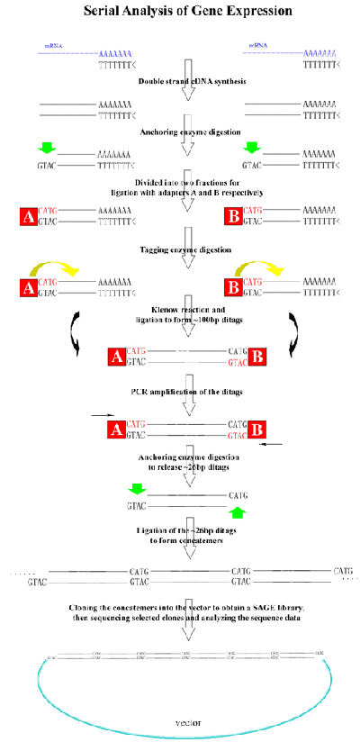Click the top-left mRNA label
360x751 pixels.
[53, 45]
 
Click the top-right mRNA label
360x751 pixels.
[260, 45]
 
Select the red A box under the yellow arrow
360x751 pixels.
[28, 287]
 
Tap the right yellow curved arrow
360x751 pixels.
[262, 269]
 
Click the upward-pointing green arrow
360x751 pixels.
[237, 513]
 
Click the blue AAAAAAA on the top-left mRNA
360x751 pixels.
[114, 55]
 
